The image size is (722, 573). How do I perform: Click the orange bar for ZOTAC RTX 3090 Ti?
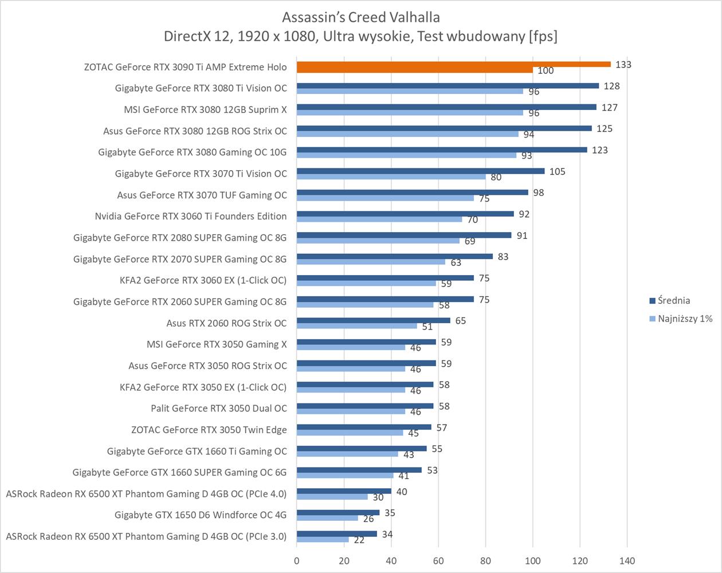(453, 64)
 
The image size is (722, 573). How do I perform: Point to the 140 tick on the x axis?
(627, 560)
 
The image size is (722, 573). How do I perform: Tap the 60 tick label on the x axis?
(438, 560)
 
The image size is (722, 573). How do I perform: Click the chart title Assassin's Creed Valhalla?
(361, 17)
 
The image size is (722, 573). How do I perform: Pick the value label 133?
(623, 65)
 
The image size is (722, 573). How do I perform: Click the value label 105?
(557, 171)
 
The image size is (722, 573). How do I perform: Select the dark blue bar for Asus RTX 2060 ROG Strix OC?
(373, 320)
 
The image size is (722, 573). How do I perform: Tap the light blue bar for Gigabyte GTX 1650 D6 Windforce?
(327, 518)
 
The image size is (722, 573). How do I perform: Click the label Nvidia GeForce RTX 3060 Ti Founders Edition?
(191, 216)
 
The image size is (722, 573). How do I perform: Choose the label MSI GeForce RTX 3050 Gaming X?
(217, 344)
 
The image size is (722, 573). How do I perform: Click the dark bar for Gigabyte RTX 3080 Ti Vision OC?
(448, 85)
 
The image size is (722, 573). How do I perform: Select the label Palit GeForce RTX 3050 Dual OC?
(219, 409)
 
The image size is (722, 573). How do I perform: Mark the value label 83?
(503, 257)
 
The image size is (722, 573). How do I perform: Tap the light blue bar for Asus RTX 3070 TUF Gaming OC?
(385, 198)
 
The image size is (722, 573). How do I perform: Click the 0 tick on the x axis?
(297, 560)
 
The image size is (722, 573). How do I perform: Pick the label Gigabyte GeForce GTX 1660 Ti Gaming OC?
(197, 451)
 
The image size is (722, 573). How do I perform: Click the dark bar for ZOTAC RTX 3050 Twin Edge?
(364, 427)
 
